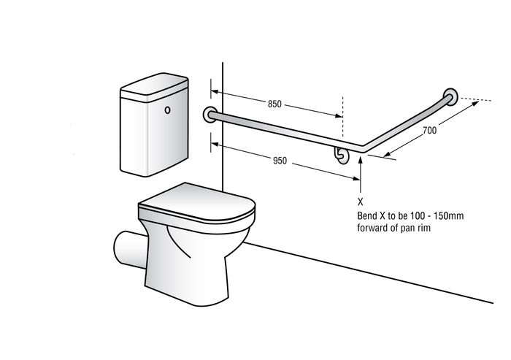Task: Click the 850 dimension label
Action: (x=274, y=104)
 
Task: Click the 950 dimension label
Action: (x=280, y=161)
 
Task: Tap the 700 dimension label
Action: (x=429, y=130)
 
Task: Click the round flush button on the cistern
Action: (x=167, y=110)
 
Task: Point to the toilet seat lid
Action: (x=196, y=202)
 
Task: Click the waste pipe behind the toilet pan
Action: (x=129, y=249)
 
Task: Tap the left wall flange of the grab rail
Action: (x=210, y=114)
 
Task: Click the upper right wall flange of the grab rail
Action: (x=451, y=96)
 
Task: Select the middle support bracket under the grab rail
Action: (x=341, y=156)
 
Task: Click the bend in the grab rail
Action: (x=362, y=149)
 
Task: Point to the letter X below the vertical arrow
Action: (x=360, y=202)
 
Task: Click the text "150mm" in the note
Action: (x=450, y=215)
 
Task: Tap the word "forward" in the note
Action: (x=372, y=227)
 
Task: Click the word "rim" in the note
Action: (x=424, y=228)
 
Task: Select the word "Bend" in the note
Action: (x=366, y=215)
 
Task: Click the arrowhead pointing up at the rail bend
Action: (x=361, y=159)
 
